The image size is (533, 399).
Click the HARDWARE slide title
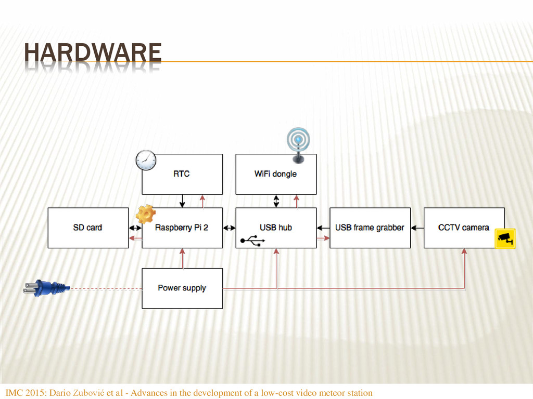click(93, 55)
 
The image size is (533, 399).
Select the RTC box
click(182, 174)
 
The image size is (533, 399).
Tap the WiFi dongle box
click(276, 174)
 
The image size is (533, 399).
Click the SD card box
click(88, 228)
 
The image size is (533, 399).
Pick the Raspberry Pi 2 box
click(182, 228)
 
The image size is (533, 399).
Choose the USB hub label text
click(276, 228)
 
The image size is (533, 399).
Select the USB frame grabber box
click(370, 228)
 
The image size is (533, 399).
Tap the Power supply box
click(182, 288)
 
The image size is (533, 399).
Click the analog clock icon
click(146, 159)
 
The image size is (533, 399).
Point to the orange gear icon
click(145, 214)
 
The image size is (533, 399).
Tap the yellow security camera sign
click(504, 238)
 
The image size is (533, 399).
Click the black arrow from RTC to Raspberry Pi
click(182, 201)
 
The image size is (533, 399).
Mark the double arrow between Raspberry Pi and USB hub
click(229, 228)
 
